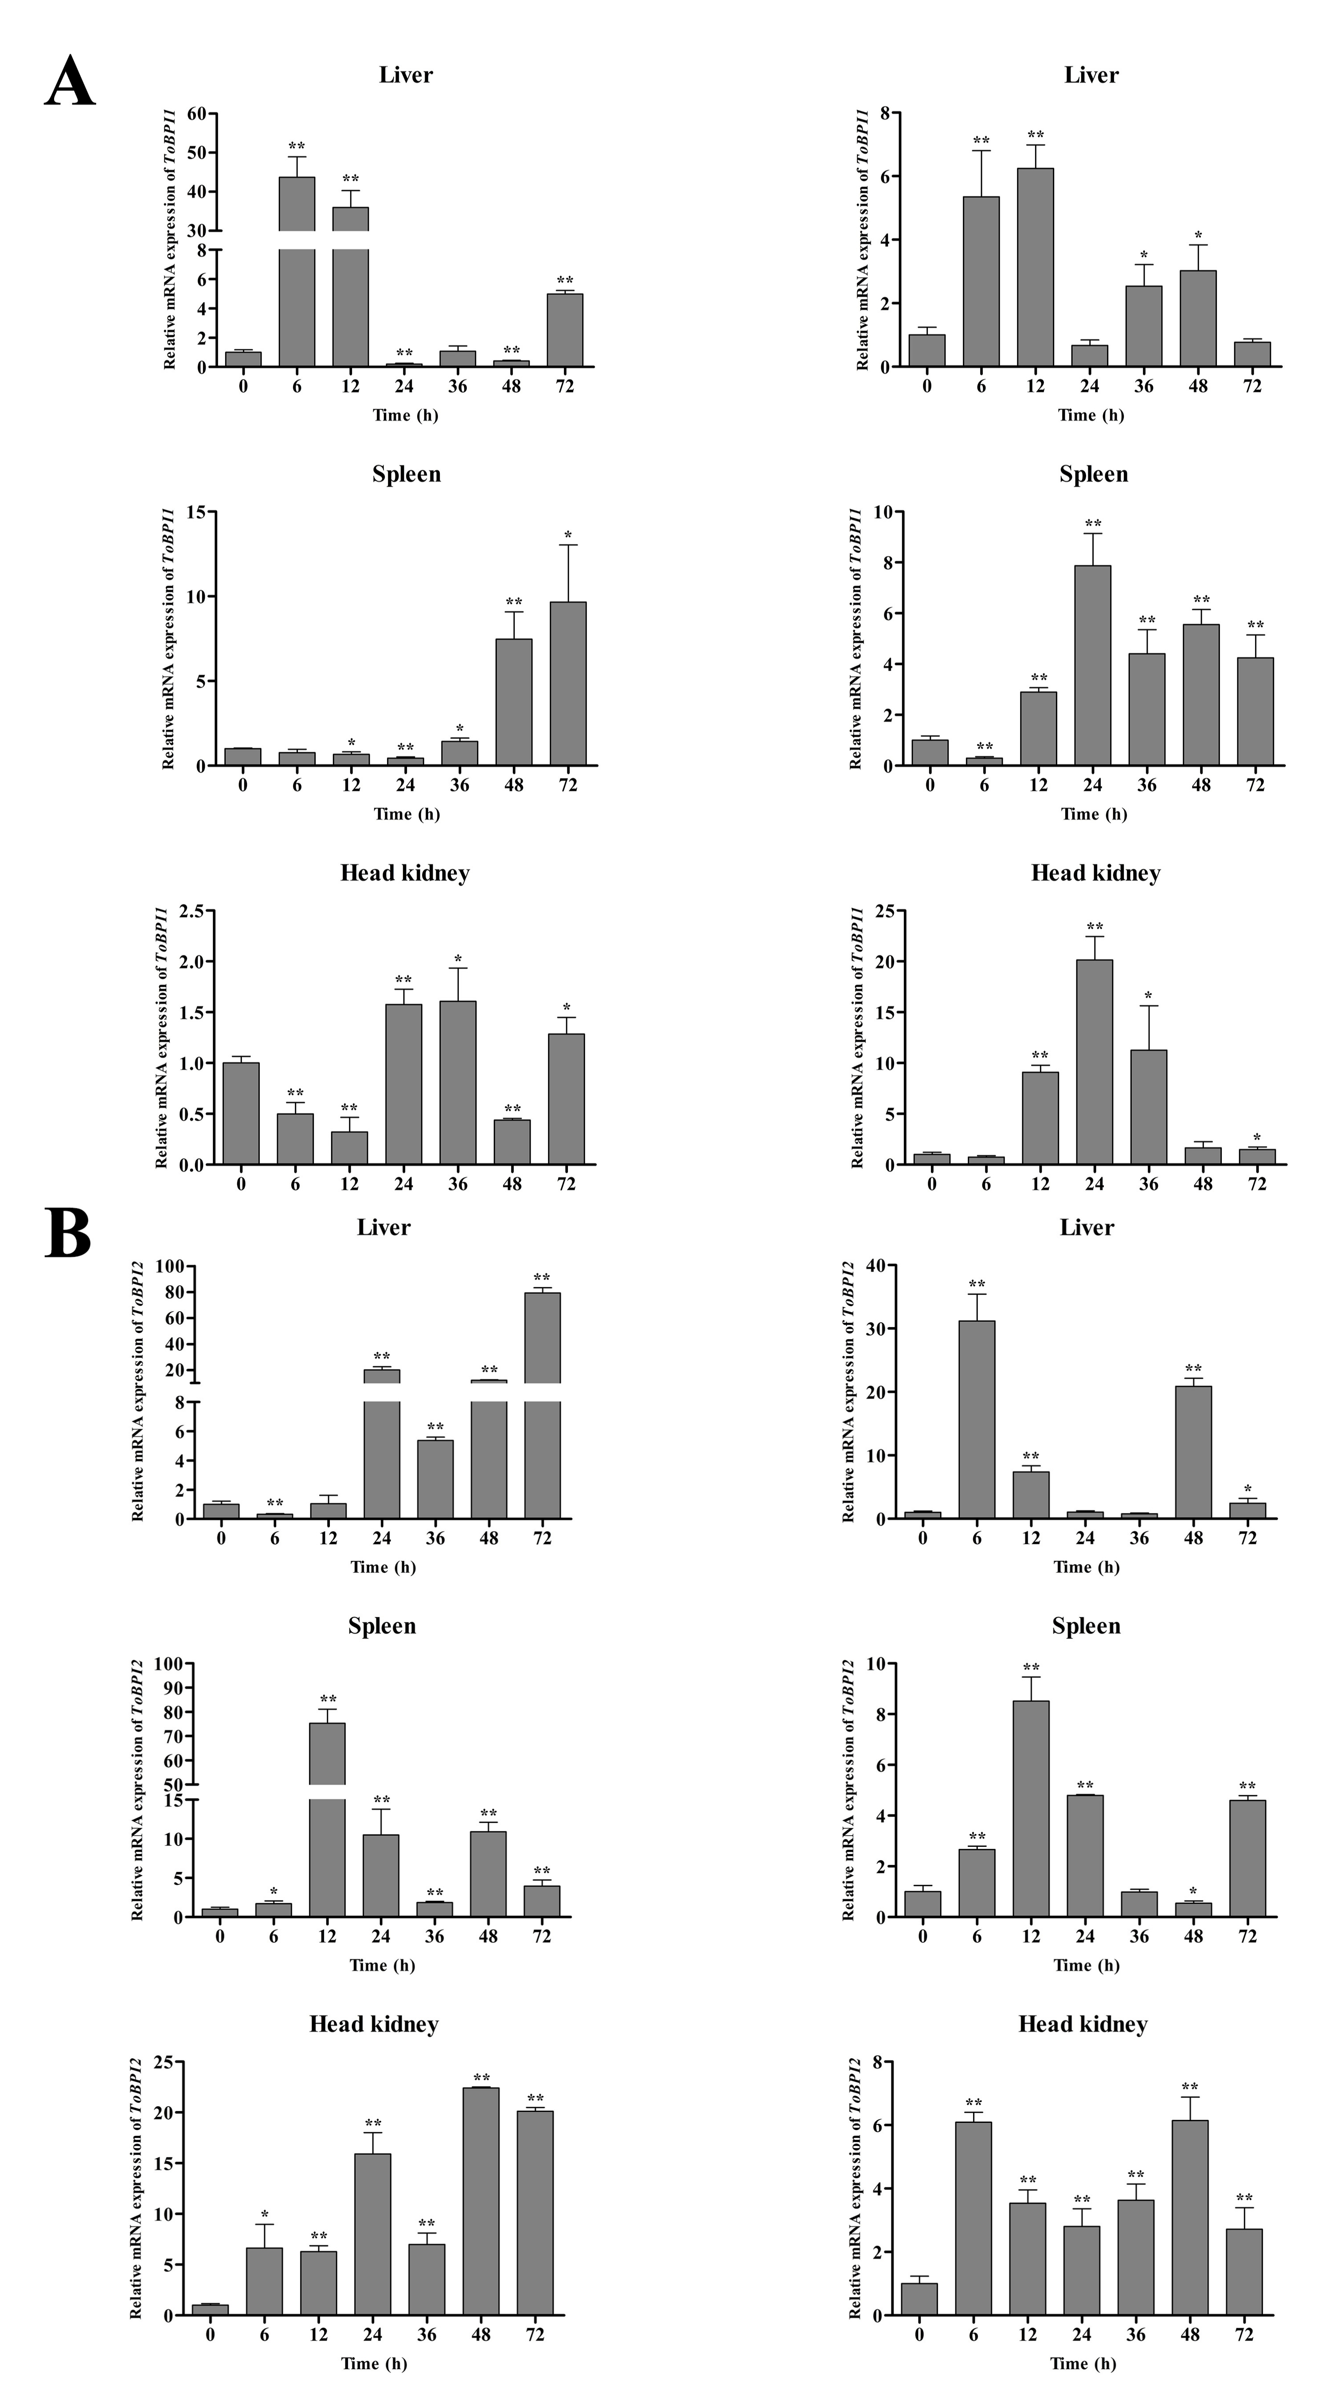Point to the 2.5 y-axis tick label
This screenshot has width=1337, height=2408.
pos(192,911)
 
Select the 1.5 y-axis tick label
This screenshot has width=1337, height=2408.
pos(192,1012)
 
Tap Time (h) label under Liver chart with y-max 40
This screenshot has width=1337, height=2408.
pos(1087,1567)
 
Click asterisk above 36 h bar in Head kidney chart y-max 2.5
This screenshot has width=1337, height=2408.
pos(458,959)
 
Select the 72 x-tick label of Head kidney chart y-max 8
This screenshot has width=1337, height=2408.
pos(1243,2334)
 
